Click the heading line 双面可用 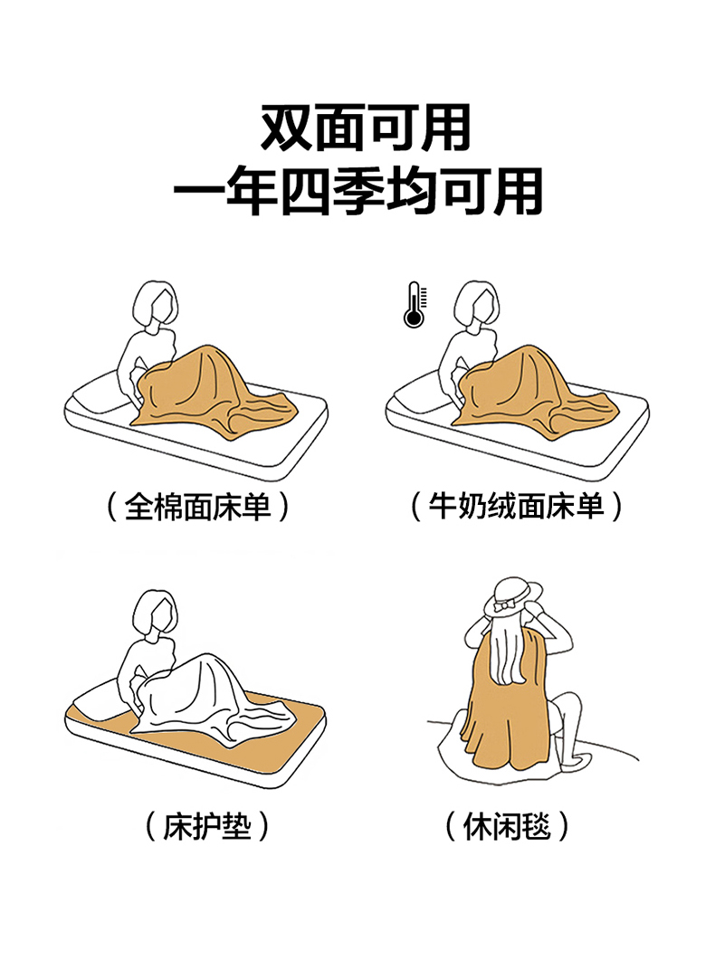coord(366,128)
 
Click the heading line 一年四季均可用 coord(358,191)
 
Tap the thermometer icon coord(415,304)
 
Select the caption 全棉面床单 coord(197,508)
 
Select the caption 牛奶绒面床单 coord(516,507)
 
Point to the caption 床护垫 coord(207,826)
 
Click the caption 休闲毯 coord(507,826)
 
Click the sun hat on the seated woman coord(513,595)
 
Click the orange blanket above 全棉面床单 coord(208,394)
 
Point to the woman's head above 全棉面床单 coord(156,304)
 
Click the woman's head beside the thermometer coord(477,304)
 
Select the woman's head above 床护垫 coord(156,613)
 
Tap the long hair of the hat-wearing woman coord(510,649)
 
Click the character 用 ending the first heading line coord(446,128)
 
